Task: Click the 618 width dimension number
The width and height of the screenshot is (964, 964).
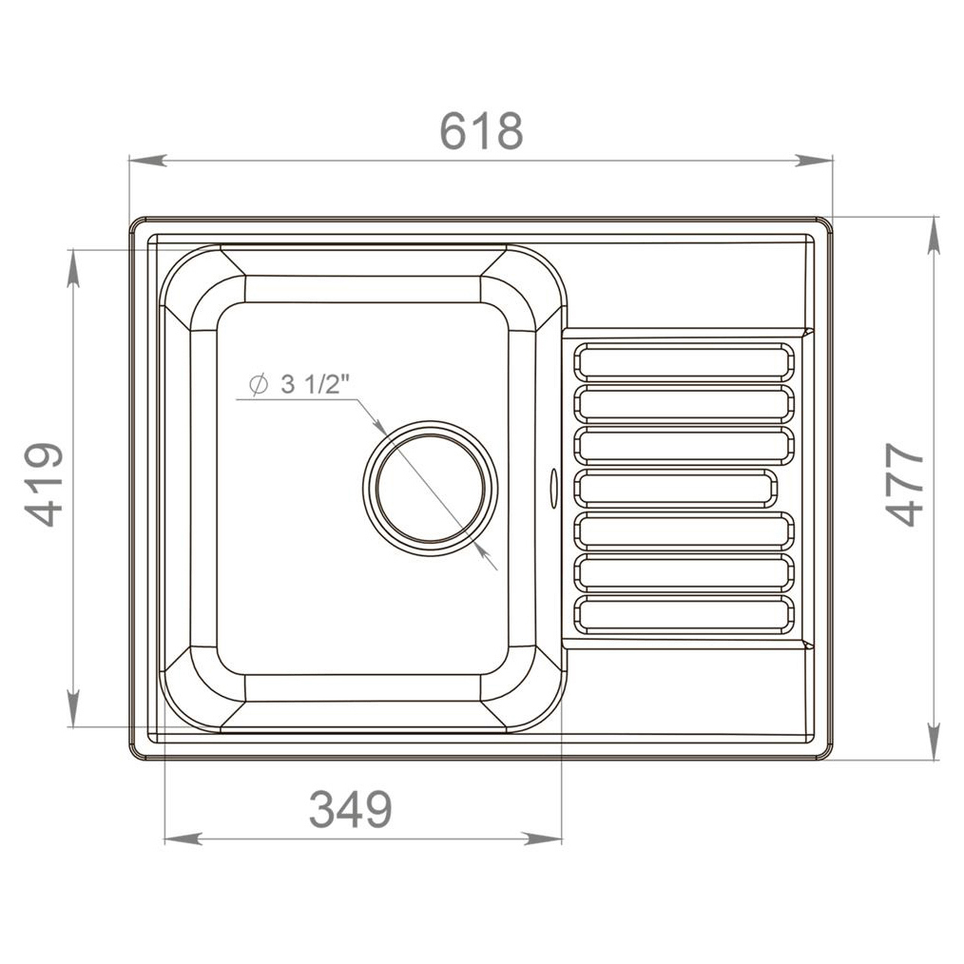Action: click(x=481, y=131)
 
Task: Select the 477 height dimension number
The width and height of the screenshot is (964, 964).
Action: click(x=904, y=485)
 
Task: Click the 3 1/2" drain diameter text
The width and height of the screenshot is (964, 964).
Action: click(x=315, y=385)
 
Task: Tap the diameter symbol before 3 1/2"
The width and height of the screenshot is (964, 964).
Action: click(x=259, y=385)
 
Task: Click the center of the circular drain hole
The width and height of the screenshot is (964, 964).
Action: click(x=430, y=488)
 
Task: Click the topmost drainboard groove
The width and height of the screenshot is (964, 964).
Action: click(x=684, y=361)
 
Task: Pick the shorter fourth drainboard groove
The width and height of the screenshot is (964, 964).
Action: click(x=675, y=488)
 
